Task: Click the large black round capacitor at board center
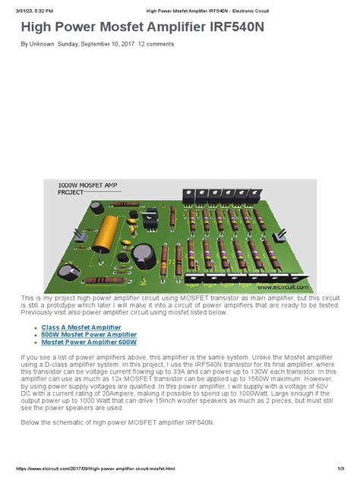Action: tap(142, 254)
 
